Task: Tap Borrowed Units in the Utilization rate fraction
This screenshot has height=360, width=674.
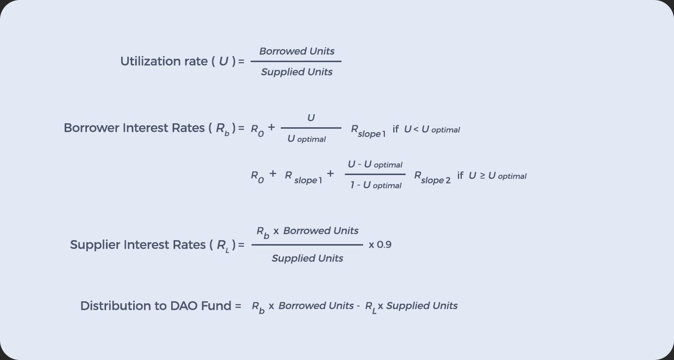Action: [x=297, y=51]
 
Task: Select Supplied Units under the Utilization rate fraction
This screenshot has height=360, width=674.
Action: [x=297, y=72]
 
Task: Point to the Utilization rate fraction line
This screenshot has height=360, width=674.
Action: [x=296, y=62]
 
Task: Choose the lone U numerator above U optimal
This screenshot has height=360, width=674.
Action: [x=311, y=118]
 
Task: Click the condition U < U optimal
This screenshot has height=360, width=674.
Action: [x=432, y=130]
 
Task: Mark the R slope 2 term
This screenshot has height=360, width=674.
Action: [x=432, y=177]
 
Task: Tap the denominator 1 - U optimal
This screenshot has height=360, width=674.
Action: [x=375, y=185]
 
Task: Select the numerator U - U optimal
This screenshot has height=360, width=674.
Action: [x=375, y=165]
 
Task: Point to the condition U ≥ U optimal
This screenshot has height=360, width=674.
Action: [x=497, y=176]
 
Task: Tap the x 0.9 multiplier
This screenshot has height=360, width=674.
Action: [x=380, y=245]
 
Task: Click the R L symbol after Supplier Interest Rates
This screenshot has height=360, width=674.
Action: [x=224, y=246]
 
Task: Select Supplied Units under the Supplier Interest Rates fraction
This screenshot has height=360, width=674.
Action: [x=307, y=258]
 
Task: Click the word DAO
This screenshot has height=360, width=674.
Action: [x=184, y=306]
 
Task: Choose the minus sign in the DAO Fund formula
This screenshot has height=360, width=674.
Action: [x=358, y=306]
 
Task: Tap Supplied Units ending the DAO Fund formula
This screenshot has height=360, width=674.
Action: [x=422, y=306]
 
